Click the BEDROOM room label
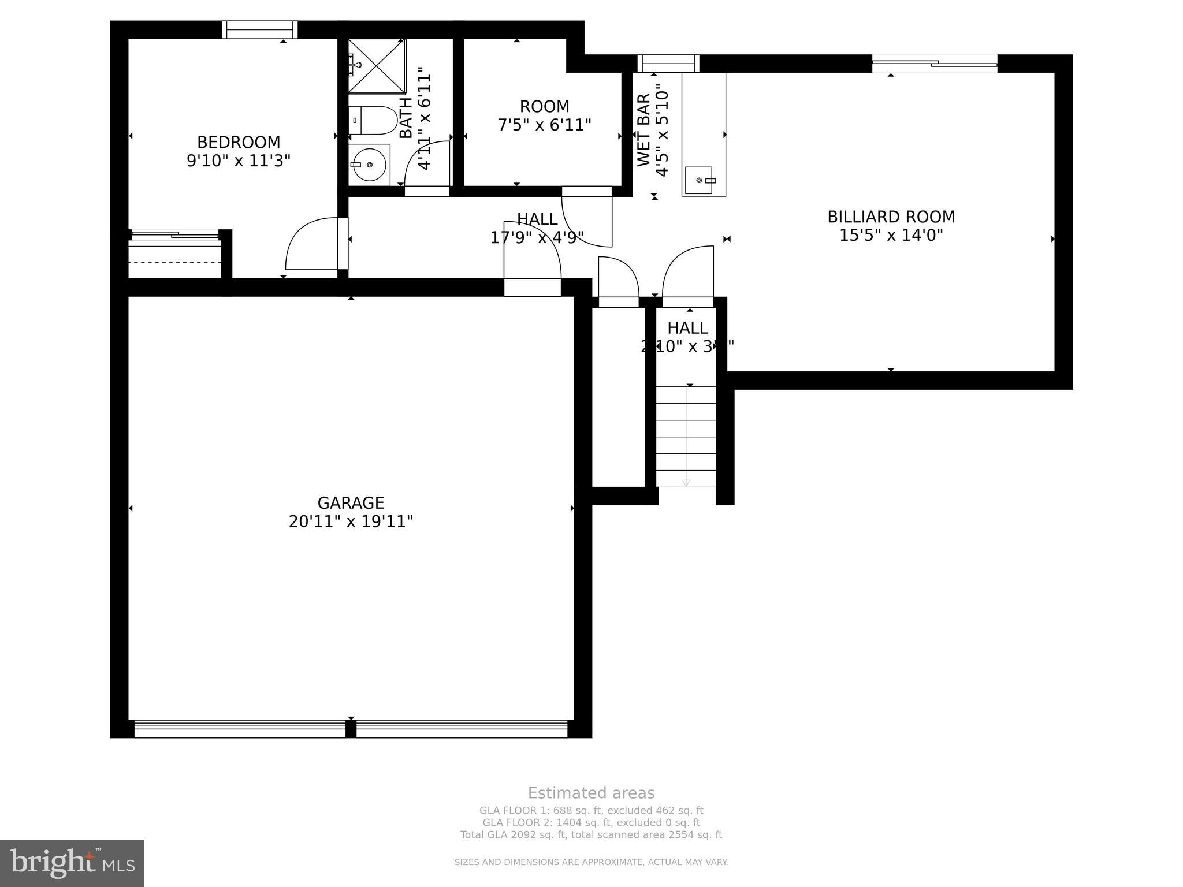(238, 142)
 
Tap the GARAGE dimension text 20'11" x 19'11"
(351, 521)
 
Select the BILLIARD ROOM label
(891, 217)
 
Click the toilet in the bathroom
(373, 120)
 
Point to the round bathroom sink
(369, 164)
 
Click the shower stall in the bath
(377, 65)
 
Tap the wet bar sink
(699, 181)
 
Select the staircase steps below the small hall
(686, 437)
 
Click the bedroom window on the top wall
(260, 29)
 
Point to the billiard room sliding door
(934, 63)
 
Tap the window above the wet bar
(668, 63)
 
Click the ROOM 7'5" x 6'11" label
(544, 115)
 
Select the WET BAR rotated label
(644, 130)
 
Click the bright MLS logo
(72, 863)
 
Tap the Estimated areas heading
(591, 793)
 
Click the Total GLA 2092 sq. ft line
(591, 834)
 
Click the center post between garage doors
(351, 729)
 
